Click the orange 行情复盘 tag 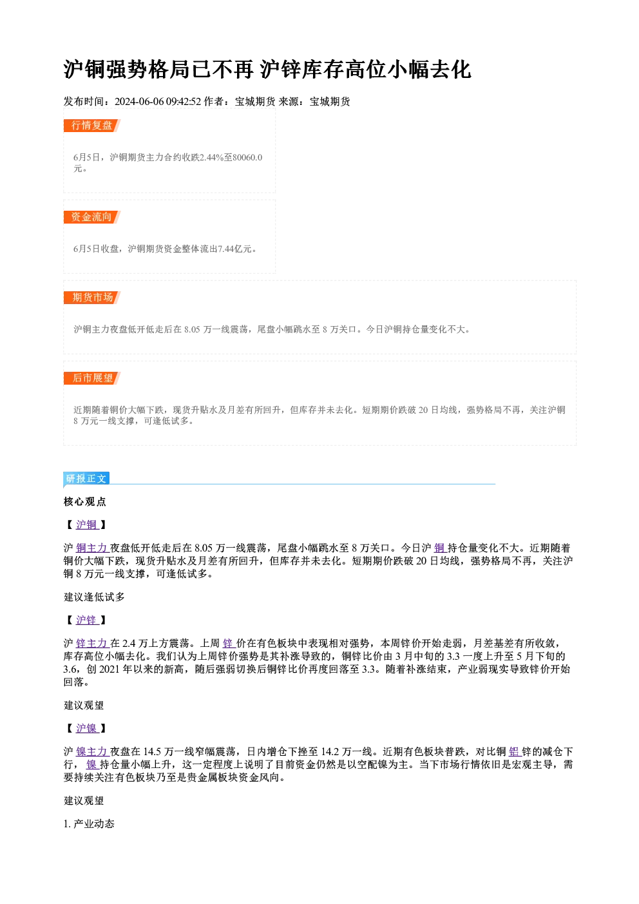pos(91,126)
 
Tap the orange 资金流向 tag pos(91,217)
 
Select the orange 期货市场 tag pos(91,298)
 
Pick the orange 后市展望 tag pos(91,378)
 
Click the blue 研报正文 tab pos(86,479)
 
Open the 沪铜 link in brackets pos(86,524)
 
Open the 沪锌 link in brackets pos(86,620)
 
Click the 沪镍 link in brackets pos(86,728)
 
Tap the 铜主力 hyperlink pos(91,548)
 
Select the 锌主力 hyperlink pos(91,643)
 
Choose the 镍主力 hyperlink pos(91,751)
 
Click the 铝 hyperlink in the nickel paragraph pos(514,751)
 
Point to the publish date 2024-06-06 pos(139,102)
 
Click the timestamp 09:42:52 pos(184,102)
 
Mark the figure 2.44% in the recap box pos(211,157)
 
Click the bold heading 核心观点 pos(85,502)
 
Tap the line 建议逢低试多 pos(94,597)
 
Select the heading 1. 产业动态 pos(89,823)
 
